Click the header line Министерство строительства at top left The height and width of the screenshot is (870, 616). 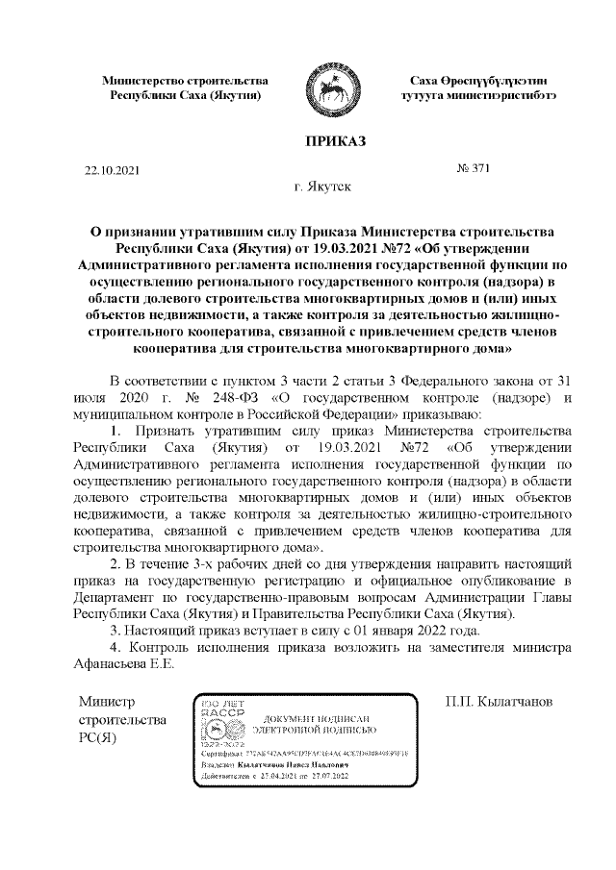185,81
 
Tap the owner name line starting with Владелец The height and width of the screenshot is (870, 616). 264,767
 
